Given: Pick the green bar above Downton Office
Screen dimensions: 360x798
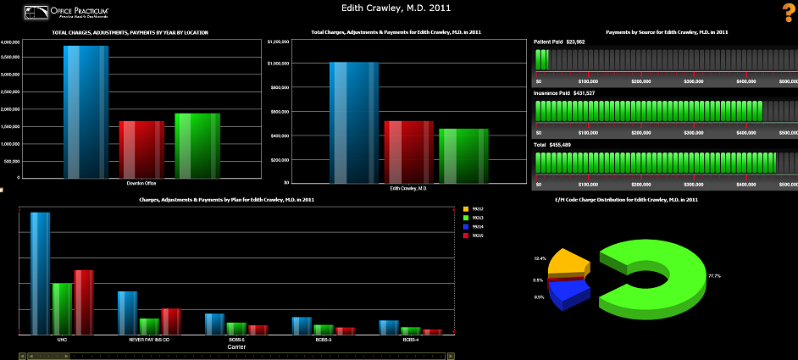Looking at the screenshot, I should (197, 146).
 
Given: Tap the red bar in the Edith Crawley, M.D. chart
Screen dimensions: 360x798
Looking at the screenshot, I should (408, 152).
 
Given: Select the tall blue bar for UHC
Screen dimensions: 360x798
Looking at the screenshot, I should (40, 273).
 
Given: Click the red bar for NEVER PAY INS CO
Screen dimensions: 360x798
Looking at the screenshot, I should (171, 321).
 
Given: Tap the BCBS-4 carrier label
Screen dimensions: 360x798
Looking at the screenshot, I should (411, 339).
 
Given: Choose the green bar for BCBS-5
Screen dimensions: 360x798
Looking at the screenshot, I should (236, 329).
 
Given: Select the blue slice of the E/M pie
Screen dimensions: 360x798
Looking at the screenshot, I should (567, 293).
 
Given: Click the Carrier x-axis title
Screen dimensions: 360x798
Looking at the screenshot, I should (237, 346).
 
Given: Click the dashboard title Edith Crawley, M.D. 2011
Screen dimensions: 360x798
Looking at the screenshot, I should (396, 8).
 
